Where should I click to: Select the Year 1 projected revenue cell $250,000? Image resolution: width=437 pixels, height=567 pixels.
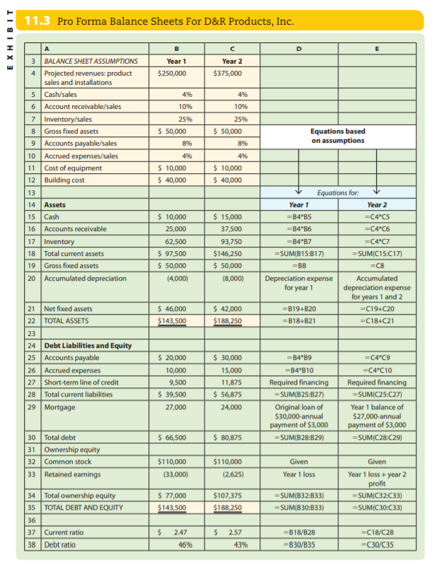pyautogui.click(x=172, y=73)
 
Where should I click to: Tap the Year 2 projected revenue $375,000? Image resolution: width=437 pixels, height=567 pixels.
pyautogui.click(x=228, y=73)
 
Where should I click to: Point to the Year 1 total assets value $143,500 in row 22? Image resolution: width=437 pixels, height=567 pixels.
pyautogui.click(x=171, y=320)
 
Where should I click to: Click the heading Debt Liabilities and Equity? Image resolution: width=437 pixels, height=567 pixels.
pyautogui.click(x=88, y=346)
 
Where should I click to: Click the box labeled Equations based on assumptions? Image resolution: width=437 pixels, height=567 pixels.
pyautogui.click(x=338, y=136)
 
